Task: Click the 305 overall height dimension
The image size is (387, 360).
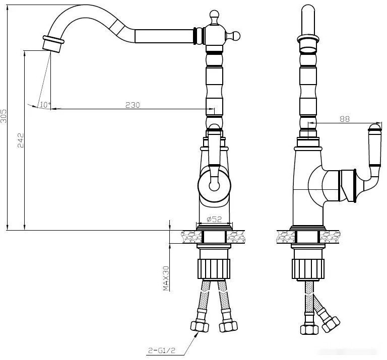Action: click(x=4, y=116)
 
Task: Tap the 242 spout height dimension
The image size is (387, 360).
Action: click(x=21, y=140)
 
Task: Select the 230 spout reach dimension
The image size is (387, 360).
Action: click(x=133, y=105)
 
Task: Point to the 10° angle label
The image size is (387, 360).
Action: click(x=45, y=105)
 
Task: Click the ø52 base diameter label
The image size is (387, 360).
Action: click(x=214, y=219)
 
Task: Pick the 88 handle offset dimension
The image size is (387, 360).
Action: click(x=345, y=119)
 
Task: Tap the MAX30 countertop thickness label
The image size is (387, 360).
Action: click(x=166, y=278)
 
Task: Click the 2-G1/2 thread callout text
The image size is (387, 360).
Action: click(x=162, y=350)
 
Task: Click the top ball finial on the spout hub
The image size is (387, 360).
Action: click(x=214, y=16)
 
